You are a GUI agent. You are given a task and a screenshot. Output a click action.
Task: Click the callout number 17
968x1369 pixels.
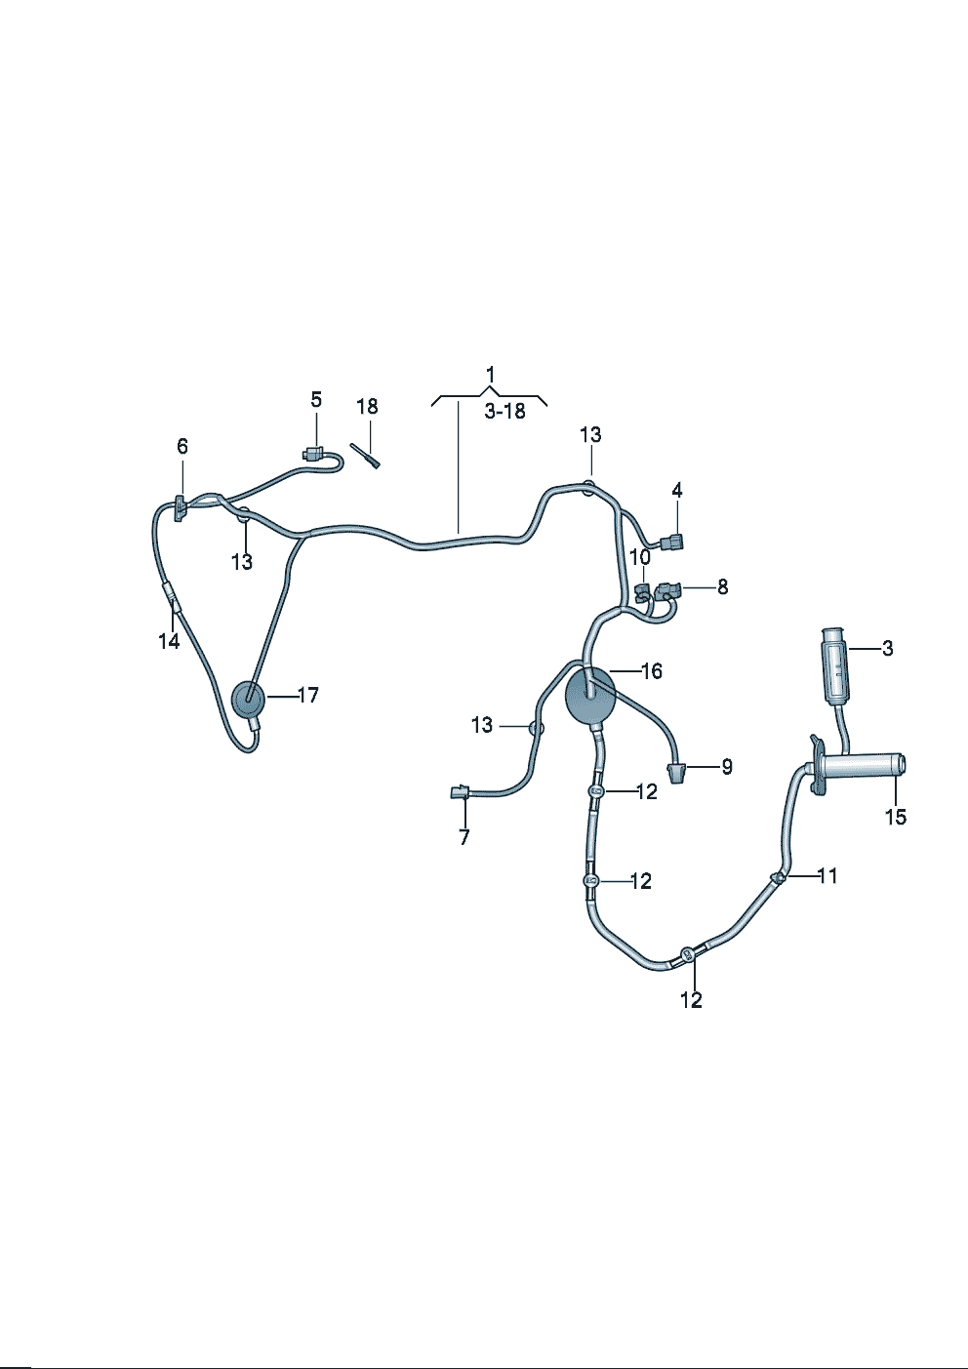[307, 696]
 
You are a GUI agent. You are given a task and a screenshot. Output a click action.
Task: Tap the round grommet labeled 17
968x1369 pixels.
[249, 700]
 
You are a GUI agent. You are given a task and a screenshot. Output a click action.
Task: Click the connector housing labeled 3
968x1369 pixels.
[835, 665]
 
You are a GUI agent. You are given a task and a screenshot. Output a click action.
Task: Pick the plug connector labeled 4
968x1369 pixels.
[672, 544]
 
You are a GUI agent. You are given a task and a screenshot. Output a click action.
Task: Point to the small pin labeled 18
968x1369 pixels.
[366, 456]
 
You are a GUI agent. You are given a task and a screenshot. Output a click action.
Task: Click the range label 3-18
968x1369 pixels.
[504, 412]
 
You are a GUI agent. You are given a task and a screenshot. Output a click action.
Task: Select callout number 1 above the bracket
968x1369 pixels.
[490, 375]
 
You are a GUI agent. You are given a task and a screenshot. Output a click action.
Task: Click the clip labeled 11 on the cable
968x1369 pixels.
[778, 879]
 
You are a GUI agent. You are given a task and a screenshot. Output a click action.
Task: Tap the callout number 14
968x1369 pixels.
[170, 641]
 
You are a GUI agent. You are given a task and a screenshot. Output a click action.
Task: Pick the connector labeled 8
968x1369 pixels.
[667, 589]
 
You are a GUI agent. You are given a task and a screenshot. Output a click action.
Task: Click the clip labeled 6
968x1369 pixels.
[181, 508]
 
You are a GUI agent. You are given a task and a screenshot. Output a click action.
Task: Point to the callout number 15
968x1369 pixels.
[895, 817]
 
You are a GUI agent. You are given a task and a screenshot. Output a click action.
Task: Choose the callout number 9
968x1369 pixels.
[726, 767]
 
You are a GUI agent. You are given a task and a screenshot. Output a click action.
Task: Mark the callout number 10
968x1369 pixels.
[639, 558]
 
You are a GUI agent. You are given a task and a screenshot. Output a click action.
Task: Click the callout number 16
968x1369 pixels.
[651, 671]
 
